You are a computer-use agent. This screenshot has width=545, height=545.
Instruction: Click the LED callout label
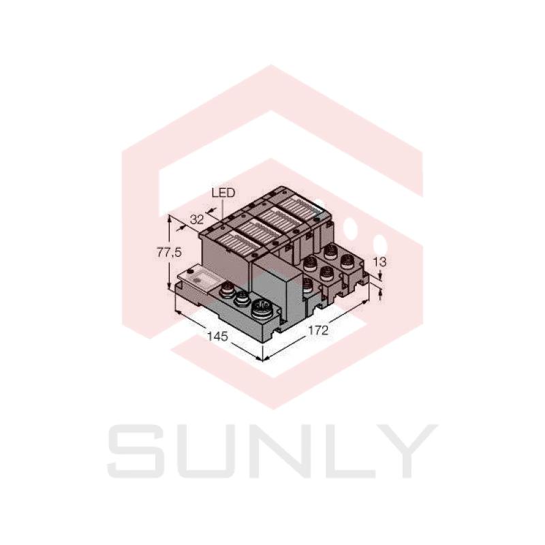pos(223,193)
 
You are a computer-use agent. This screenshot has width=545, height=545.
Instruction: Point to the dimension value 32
pos(198,219)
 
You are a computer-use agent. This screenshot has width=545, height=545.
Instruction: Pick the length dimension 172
pos(317,330)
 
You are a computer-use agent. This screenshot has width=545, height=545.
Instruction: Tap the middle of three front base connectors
pos(242,298)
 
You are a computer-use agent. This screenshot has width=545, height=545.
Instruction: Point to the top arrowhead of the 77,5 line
pos(169,216)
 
